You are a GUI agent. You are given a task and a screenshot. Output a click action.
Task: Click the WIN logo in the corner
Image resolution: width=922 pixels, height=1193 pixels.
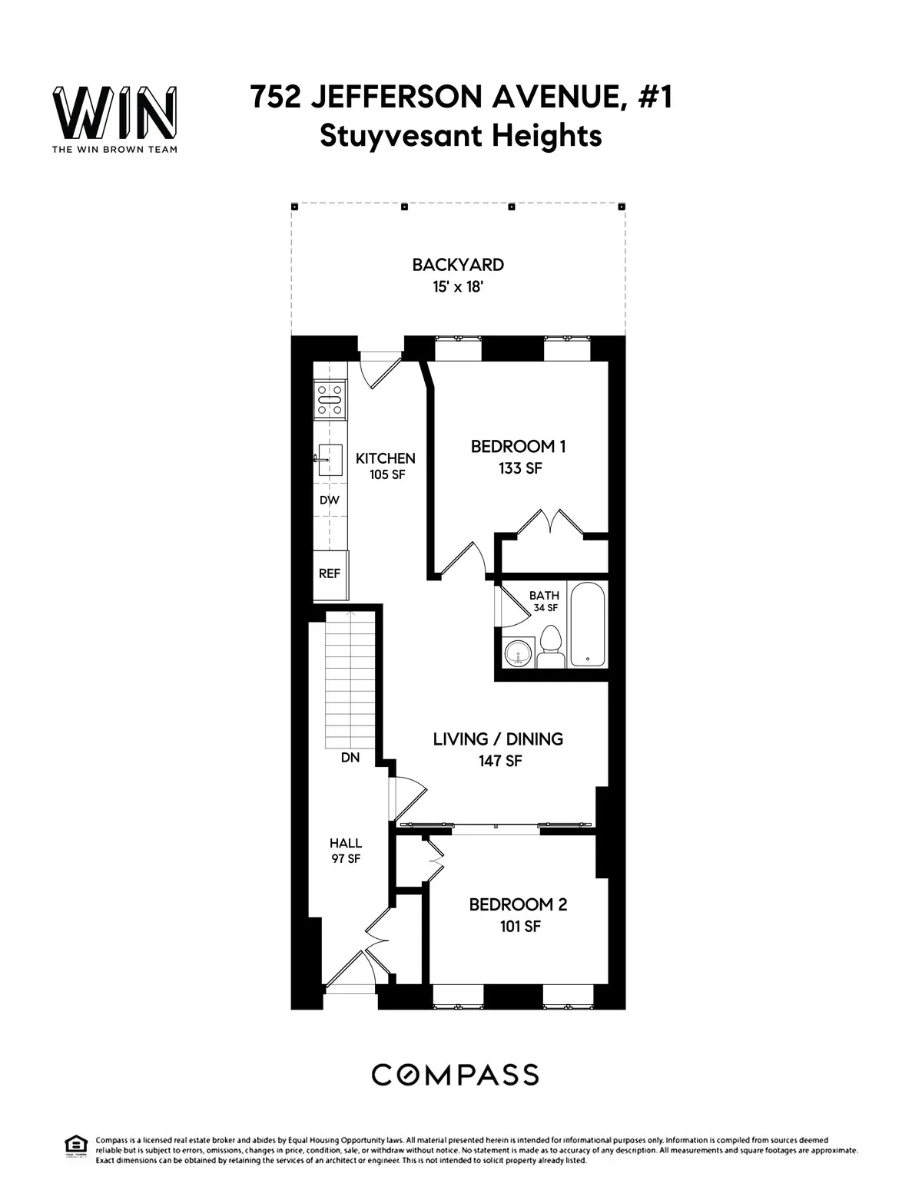114,114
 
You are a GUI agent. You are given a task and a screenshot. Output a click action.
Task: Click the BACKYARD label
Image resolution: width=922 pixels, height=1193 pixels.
458,266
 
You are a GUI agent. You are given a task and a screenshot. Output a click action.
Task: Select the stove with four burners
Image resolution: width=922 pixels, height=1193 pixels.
330,400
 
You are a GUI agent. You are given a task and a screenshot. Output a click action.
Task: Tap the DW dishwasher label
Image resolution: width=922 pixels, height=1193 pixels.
330,501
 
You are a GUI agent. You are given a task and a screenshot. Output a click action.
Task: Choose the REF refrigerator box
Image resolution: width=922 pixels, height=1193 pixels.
330,573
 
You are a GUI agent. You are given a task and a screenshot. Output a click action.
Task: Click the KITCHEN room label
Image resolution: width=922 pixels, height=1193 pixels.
385,458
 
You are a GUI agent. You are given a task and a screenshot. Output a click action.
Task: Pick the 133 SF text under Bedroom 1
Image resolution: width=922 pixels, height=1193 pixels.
520,468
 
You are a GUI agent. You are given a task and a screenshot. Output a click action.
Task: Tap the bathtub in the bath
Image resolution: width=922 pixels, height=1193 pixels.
588,624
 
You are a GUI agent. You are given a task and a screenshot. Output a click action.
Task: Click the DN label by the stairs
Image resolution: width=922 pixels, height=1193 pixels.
351,758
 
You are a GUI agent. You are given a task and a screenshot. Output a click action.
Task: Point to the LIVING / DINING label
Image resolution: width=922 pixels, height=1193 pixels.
498,739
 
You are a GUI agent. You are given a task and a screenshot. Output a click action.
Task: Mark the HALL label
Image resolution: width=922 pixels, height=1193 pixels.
346,843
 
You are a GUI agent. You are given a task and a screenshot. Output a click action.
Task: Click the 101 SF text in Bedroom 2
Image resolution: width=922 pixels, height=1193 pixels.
520,927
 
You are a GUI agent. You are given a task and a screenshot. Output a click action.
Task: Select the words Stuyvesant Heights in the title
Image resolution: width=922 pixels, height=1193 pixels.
460,136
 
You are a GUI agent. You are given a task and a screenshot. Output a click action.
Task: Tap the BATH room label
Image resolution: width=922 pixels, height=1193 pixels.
544,596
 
